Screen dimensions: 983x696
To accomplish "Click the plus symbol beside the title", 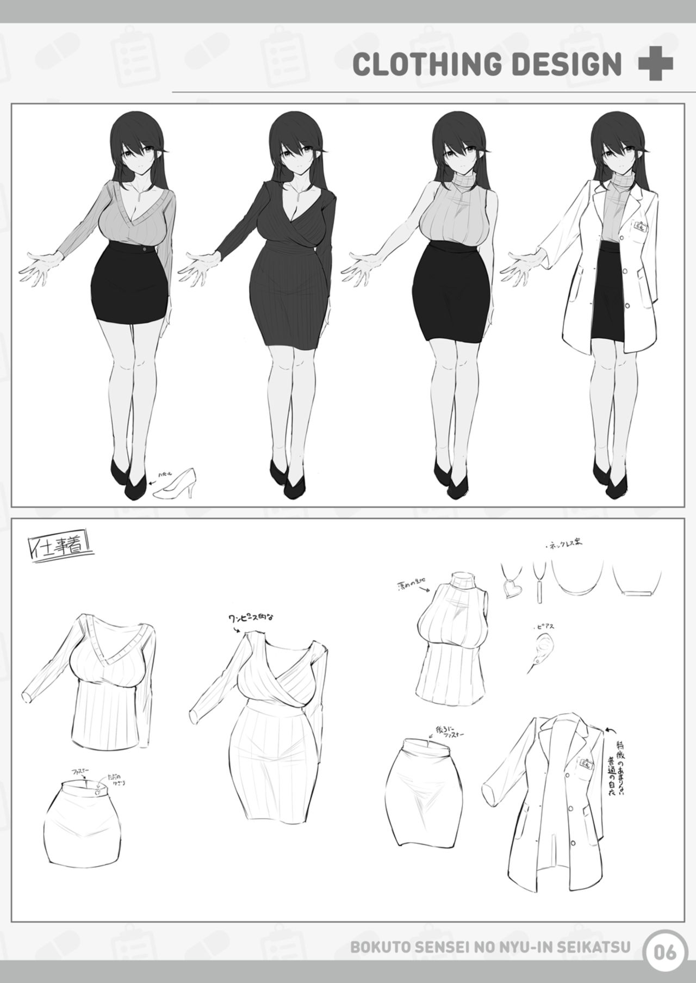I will coord(655,64).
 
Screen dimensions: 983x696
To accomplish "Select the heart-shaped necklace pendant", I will coord(511,587).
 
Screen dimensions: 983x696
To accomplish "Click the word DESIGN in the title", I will coord(565,64).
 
